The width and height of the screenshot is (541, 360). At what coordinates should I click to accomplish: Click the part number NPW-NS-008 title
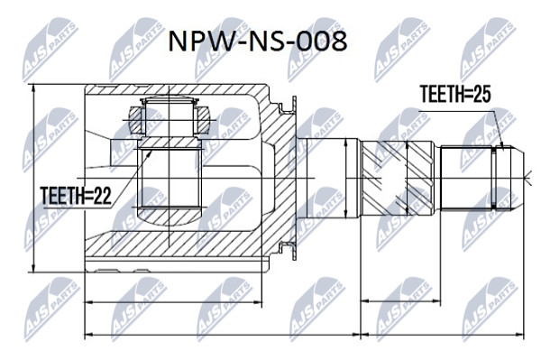pyautogui.click(x=257, y=42)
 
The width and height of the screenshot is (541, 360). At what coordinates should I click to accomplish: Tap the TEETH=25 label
pyautogui.click(x=455, y=94)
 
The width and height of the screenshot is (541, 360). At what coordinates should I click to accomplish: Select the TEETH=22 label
pyautogui.click(x=76, y=196)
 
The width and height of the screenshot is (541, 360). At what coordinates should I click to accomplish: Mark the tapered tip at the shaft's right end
pyautogui.click(x=518, y=178)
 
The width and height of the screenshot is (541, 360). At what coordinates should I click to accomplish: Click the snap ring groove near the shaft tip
pyautogui.click(x=494, y=178)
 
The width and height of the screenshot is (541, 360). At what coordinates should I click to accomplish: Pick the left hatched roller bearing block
pyautogui.click(x=135, y=120)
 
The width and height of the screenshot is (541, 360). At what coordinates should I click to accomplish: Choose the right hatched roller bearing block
pyautogui.click(x=204, y=120)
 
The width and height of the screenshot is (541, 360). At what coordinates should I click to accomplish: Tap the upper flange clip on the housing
pyautogui.click(x=289, y=106)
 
